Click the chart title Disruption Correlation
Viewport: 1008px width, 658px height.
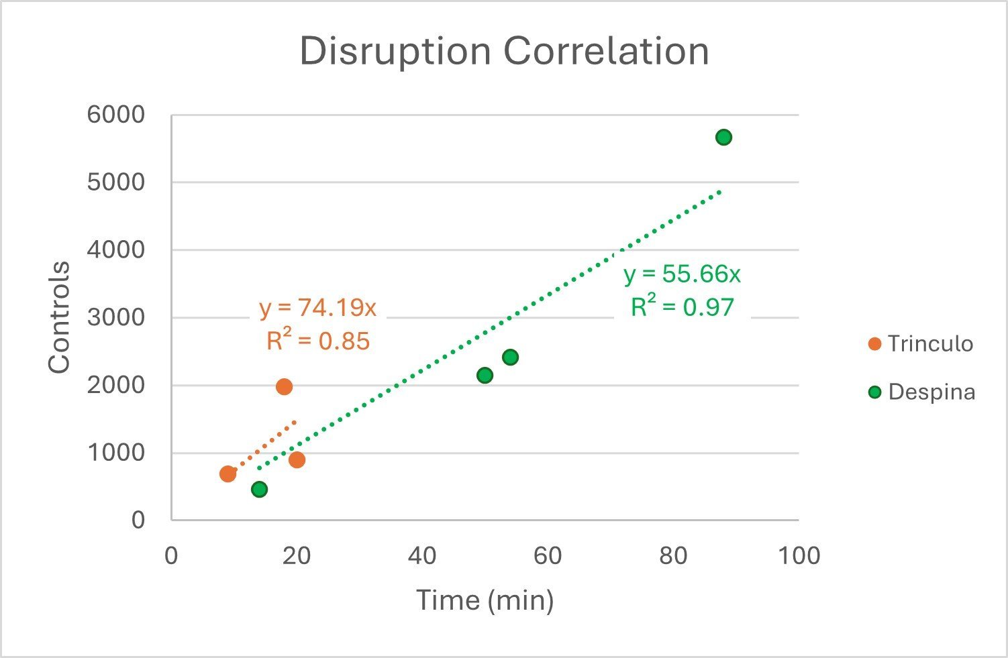(504, 52)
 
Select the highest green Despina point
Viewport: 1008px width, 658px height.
(723, 138)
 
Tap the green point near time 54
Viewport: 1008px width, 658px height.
(510, 357)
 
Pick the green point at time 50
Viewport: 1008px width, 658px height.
(485, 375)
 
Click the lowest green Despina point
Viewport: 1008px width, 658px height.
(259, 489)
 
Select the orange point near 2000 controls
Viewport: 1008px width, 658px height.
(284, 386)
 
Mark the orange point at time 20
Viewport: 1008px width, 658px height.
(297, 459)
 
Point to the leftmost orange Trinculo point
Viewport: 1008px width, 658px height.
(228, 474)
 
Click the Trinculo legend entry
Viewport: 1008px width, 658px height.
(921, 344)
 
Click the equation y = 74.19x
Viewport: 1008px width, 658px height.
(318, 308)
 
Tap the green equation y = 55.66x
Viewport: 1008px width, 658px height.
(683, 274)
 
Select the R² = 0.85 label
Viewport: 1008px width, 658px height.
(318, 341)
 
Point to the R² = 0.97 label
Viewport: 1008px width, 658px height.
(683, 307)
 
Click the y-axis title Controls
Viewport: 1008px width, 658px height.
(59, 317)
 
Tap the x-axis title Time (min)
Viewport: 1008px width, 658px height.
(485, 600)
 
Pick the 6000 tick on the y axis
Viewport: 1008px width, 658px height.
(115, 115)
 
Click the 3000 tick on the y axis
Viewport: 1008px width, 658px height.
(115, 317)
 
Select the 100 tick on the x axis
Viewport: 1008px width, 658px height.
(799, 555)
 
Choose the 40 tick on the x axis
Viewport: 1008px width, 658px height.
(422, 555)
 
